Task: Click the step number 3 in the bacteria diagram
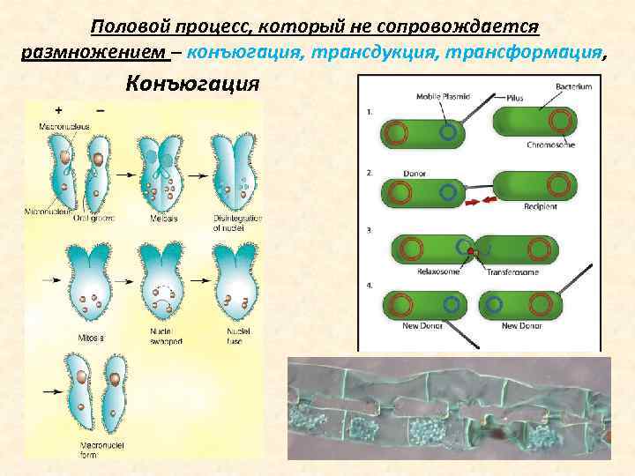pos(369,230)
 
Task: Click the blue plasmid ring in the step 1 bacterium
pos(448,133)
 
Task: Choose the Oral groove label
pos(92,219)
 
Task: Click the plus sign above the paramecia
pos(58,110)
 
